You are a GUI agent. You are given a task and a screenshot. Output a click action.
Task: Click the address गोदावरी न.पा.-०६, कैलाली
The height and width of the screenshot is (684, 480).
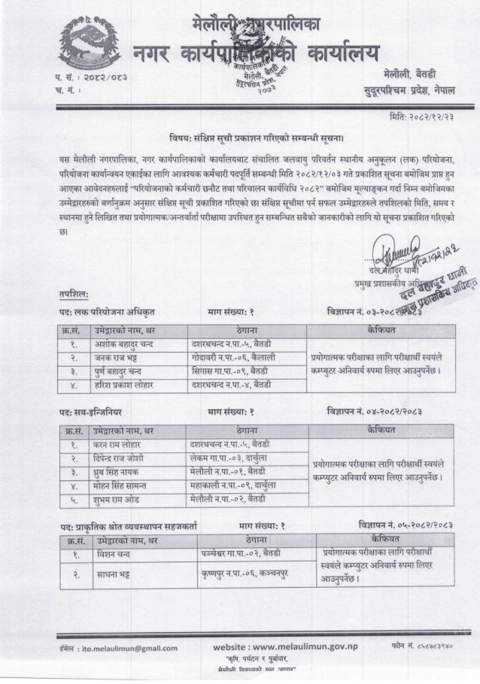[232, 358]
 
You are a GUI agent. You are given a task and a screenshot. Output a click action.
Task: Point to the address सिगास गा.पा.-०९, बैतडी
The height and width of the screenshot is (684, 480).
[230, 371]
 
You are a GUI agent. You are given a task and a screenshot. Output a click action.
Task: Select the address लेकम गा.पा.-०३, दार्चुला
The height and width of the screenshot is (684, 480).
[229, 458]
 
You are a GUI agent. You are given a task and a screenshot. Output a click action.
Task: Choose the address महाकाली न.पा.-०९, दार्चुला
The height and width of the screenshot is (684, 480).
[233, 485]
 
